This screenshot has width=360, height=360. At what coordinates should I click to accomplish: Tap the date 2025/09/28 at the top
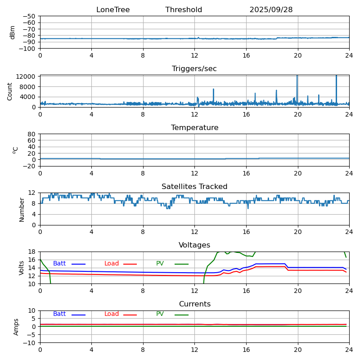click(x=271, y=10)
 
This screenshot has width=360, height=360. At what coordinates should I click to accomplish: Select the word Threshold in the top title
click(x=184, y=10)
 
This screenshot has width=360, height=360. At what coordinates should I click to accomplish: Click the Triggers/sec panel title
click(x=194, y=69)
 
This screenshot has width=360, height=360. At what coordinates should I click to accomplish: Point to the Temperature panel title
click(x=194, y=128)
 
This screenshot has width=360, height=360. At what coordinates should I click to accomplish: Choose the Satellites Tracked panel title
click(x=194, y=187)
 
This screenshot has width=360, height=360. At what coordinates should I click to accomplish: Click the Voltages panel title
click(x=194, y=245)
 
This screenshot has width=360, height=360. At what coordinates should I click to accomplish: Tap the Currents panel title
click(x=194, y=304)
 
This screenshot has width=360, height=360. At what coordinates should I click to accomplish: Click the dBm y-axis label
click(x=13, y=32)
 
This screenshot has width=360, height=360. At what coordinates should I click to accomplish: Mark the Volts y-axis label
click(x=22, y=268)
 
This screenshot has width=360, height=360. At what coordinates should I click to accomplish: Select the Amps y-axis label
click(x=16, y=327)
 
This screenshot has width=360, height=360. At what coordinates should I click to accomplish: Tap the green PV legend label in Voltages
click(x=160, y=264)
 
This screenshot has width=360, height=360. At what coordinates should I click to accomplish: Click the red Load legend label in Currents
click(x=112, y=314)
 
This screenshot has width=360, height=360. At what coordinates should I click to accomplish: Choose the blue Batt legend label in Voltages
click(x=59, y=264)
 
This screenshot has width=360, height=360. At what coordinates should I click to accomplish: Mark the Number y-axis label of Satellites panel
click(x=22, y=209)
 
